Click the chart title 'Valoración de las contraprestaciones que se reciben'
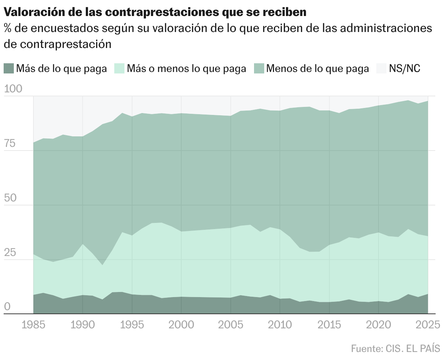pos(155,12)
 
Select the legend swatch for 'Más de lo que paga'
pos(9,68)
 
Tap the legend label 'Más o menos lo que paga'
pos(186,68)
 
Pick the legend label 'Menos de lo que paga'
pos(317,68)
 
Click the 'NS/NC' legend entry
pos(404,68)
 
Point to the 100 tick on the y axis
pos(13,89)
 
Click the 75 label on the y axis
pos(10,144)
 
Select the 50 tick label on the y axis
pos(10,199)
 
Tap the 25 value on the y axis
pos(10,253)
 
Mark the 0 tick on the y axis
pos(7,307)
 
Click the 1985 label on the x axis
pos(33,324)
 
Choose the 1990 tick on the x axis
pos(83,324)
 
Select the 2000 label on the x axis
pos(181,324)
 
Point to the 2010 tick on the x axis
pos(280,324)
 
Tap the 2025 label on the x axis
pos(427,324)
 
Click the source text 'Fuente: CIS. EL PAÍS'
pos(396,348)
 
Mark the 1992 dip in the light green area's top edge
pos(102,265)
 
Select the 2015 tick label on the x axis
pos(329,324)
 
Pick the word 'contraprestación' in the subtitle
pos(66,44)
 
